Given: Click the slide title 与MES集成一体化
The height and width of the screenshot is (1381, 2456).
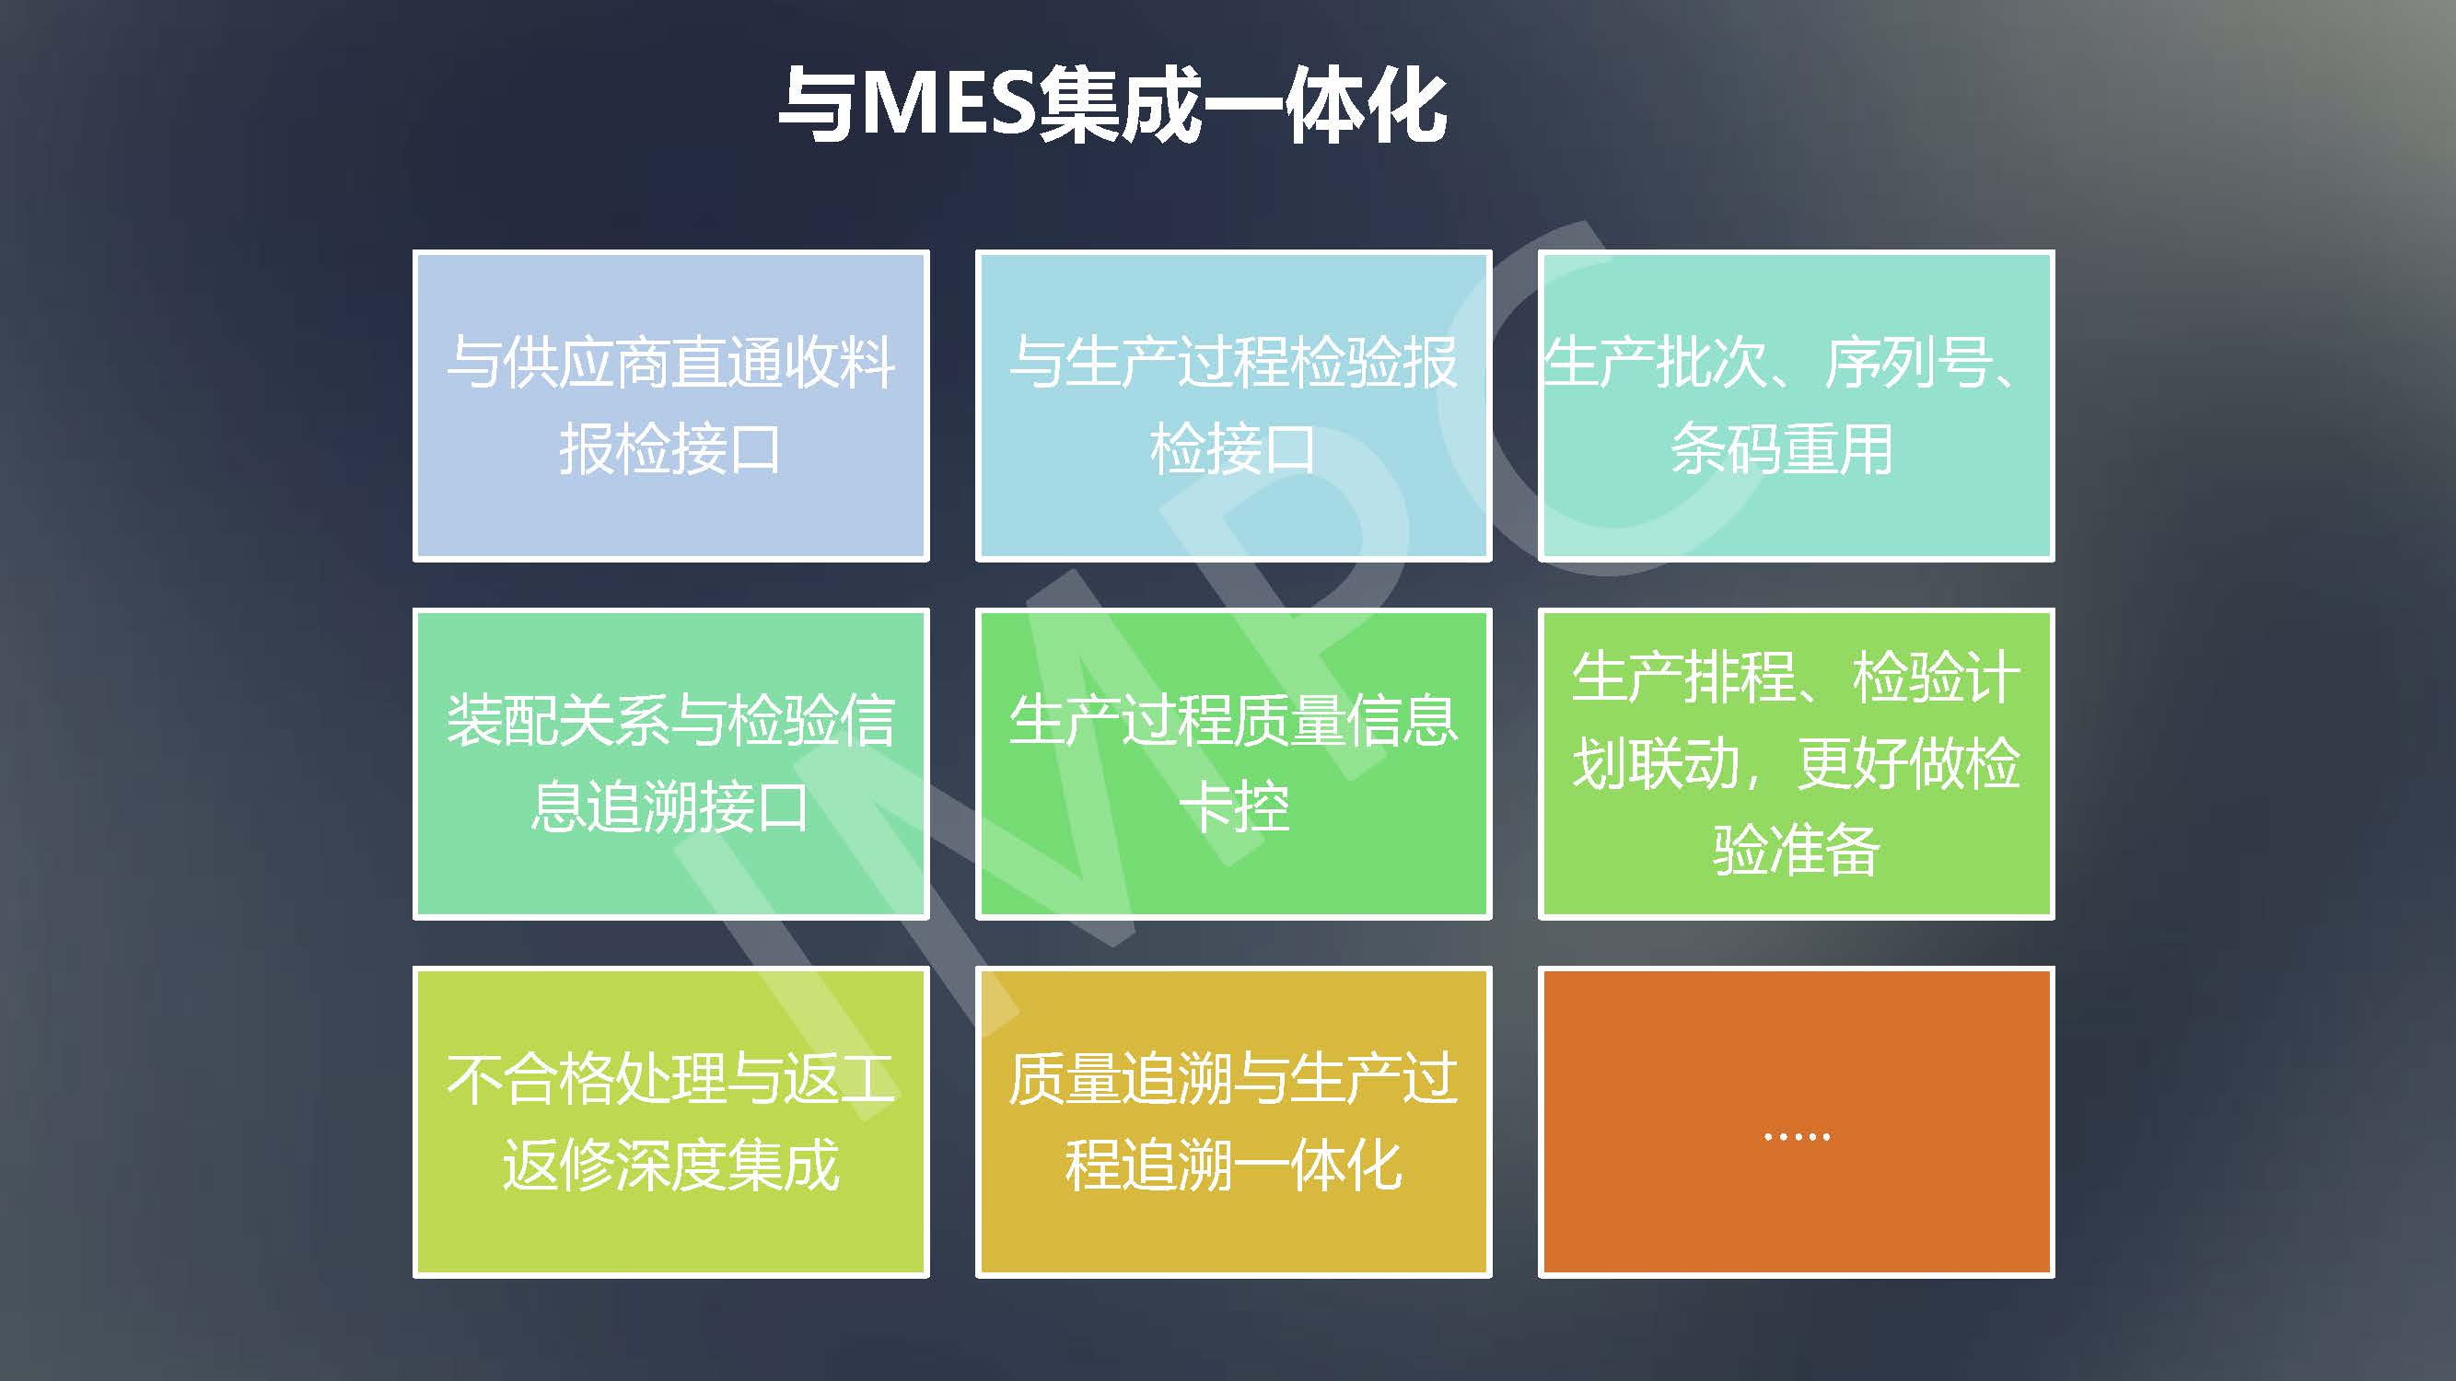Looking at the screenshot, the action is pos(1112,106).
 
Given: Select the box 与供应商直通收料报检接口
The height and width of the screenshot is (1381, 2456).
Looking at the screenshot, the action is pos(671,406).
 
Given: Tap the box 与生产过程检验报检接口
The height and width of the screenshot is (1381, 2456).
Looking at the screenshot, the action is pos(1234,406).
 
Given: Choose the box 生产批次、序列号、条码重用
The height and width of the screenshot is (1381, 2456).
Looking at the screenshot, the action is pos(1797,406).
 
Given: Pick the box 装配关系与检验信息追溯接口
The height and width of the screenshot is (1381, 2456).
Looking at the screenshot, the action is pos(671,763).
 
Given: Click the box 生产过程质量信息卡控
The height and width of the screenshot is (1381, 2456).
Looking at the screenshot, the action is pos(1234,763).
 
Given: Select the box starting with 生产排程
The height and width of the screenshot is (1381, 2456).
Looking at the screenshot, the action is pos(1797,763).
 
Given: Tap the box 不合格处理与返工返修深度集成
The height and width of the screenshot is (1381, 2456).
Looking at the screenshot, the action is pos(671,1121).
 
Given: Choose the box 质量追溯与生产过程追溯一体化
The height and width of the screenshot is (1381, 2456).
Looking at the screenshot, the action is pos(1234,1121).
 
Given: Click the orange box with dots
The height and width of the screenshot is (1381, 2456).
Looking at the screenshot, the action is pos(1797,1121).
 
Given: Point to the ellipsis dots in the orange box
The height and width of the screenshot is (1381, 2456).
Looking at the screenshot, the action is pos(1797,1136).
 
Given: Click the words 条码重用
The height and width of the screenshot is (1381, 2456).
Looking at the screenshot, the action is pos(1782,449).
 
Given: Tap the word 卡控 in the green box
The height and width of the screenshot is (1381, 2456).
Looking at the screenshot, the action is pos(1234,807).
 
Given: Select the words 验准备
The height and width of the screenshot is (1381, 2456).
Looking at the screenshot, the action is pos(1797,849).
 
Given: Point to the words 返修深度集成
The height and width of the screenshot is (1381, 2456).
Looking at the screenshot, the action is pos(671,1165).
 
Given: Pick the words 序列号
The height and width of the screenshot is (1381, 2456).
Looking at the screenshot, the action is pos(1908,362).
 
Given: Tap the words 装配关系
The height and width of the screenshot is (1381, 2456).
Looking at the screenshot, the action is pos(559,720).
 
